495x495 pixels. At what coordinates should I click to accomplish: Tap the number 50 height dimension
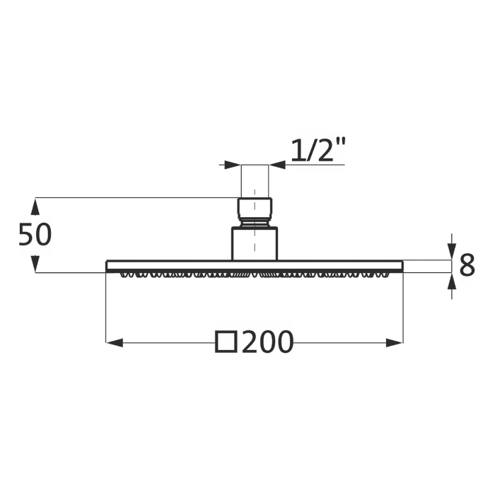[x=35, y=235]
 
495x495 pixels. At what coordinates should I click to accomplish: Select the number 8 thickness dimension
[x=467, y=266]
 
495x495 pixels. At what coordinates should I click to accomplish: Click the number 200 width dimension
[x=267, y=342]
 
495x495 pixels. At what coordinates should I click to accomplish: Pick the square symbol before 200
[x=226, y=342]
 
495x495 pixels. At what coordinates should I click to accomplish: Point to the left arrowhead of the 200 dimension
[x=114, y=342]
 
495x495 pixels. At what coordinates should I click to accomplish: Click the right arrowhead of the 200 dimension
[x=395, y=342]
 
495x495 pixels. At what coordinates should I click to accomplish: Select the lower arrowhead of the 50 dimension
[x=35, y=264]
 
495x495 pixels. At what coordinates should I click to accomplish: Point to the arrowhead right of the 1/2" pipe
[x=277, y=165]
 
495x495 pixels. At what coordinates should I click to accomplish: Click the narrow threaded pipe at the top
[x=255, y=181]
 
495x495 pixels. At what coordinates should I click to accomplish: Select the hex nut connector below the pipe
[x=255, y=210]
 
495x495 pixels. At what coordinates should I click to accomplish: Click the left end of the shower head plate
[x=109, y=266]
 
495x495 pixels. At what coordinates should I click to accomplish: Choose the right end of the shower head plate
[x=400, y=266]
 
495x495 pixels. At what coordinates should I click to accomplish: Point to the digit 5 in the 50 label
[x=26, y=235]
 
